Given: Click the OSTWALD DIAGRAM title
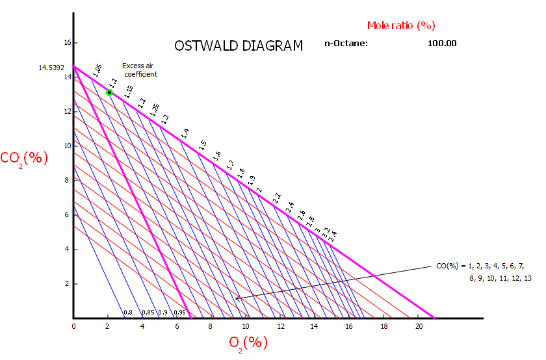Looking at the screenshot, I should [x=239, y=46].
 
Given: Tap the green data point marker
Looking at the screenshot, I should [x=109, y=92].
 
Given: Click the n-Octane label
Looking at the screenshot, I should [x=346, y=44].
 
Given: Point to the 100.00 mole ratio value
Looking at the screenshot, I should [x=442, y=44].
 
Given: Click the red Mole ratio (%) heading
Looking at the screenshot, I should [x=401, y=26].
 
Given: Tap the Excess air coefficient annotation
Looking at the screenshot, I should [x=140, y=70].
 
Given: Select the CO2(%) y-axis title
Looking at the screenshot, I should [x=24, y=158].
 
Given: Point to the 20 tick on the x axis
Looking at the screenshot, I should [x=418, y=326].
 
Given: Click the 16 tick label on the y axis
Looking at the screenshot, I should [x=66, y=43].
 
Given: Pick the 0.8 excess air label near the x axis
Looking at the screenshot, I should [x=128, y=313].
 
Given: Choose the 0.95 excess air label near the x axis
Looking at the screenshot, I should [x=180, y=313].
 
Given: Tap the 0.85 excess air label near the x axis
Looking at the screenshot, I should [x=148, y=313].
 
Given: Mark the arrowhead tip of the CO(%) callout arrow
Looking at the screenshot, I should [x=236, y=299].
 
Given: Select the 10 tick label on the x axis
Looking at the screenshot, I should [x=246, y=326].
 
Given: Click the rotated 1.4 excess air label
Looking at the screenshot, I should [x=185, y=133].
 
